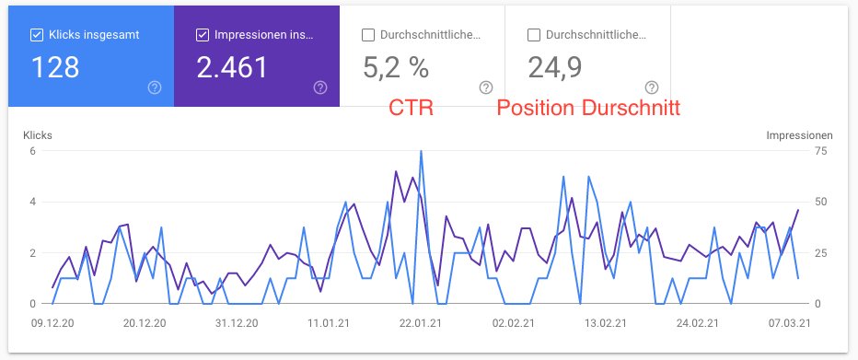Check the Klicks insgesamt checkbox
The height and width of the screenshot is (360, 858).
pyautogui.click(x=37, y=36)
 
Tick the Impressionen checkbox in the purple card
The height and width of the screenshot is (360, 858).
pyautogui.click(x=203, y=36)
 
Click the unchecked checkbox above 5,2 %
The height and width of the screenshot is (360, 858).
pyautogui.click(x=368, y=36)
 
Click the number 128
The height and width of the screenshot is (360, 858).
pyautogui.click(x=55, y=67)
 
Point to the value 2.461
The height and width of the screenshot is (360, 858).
pyautogui.click(x=232, y=67)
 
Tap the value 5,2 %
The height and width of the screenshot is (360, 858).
pyautogui.click(x=397, y=67)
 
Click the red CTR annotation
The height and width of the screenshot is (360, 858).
pyautogui.click(x=412, y=109)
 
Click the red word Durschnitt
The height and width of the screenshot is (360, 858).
pyautogui.click(x=631, y=109)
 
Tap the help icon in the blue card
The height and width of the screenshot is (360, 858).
pyautogui.click(x=155, y=87)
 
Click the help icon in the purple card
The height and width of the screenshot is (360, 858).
pyautogui.click(x=320, y=87)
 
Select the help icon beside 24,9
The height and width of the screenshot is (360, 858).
pyautogui.click(x=652, y=87)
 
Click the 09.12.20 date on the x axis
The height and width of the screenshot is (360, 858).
pyautogui.click(x=52, y=324)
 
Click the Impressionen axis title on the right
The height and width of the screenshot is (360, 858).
pyautogui.click(x=799, y=134)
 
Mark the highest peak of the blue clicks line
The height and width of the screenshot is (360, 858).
pyautogui.click(x=421, y=151)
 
